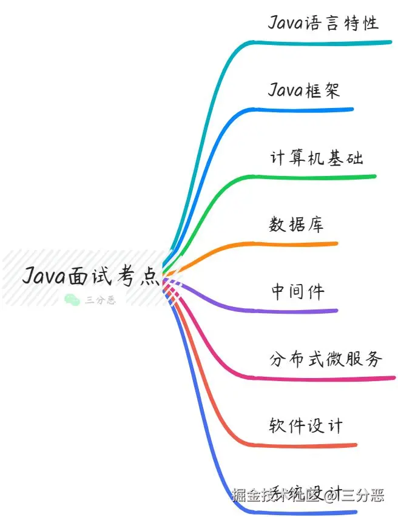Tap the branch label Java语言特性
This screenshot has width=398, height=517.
tap(323, 23)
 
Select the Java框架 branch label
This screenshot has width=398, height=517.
tap(304, 90)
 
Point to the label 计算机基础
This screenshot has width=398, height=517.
tap(316, 158)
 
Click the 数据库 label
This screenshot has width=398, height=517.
tap(296, 225)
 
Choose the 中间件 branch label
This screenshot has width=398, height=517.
tap(297, 292)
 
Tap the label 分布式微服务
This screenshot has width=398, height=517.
tap(326, 359)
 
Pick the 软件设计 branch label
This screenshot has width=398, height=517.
tap(306, 426)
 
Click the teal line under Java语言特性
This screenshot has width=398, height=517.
tap(322, 42)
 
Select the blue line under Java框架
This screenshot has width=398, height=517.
tap(303, 110)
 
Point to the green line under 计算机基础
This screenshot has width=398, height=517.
tap(315, 177)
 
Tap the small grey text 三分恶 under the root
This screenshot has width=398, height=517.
tap(100, 300)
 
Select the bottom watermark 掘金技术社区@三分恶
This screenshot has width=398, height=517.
tap(308, 495)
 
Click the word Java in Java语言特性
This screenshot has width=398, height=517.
tap(285, 23)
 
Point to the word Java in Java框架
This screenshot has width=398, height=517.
tap(285, 90)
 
